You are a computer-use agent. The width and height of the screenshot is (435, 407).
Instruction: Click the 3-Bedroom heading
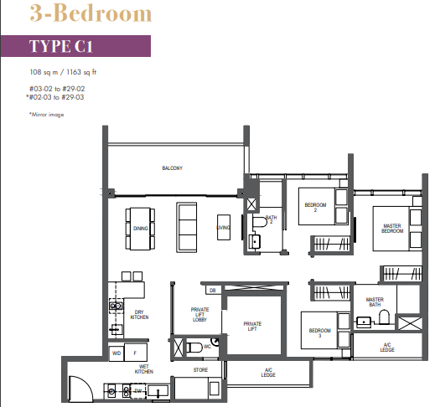(78, 14)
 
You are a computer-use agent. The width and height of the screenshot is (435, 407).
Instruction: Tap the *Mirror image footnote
(46, 115)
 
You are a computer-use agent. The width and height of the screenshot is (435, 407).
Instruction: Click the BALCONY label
(172, 168)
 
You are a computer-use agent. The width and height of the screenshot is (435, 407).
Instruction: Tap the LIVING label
(223, 227)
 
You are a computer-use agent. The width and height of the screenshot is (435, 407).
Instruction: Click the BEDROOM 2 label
(315, 207)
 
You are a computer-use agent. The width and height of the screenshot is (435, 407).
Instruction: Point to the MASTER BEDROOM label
(391, 229)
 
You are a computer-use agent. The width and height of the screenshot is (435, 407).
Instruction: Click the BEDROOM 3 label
(320, 333)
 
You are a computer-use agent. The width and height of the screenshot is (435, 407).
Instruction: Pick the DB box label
(213, 291)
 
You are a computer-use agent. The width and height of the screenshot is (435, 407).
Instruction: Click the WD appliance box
(117, 353)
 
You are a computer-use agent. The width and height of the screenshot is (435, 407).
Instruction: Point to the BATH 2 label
(271, 221)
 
